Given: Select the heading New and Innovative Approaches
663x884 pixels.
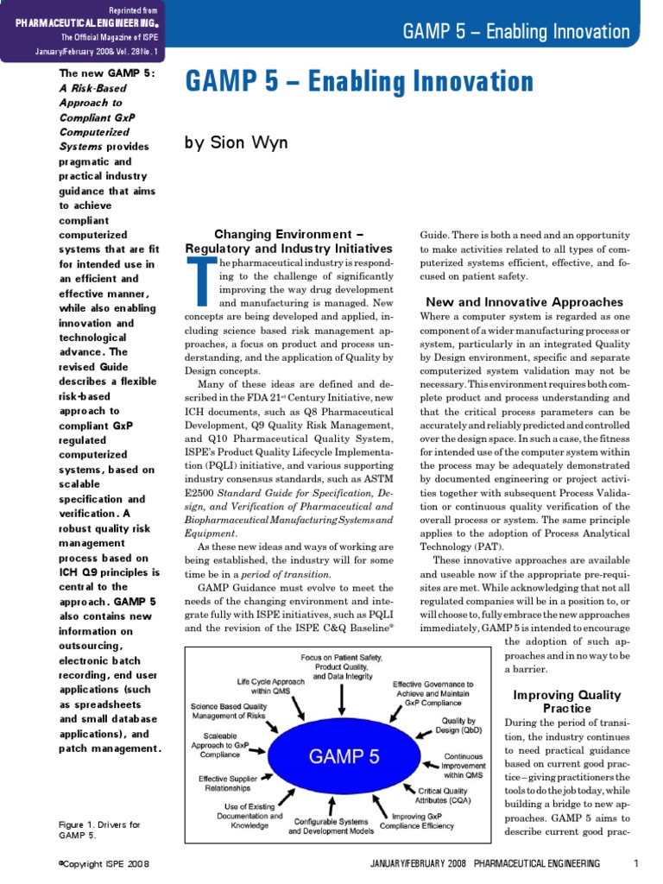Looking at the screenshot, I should coord(524,302).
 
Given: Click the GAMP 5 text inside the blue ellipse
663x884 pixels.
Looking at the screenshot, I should coord(344,757).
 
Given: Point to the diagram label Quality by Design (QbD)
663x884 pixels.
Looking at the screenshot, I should coord(458,725).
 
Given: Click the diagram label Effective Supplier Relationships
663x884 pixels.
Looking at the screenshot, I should coord(228,783).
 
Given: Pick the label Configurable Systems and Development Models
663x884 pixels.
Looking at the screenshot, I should coord(331,826).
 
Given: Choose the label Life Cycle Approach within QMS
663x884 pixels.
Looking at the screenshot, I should coord(271,686).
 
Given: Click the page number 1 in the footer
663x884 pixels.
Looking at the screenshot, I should coord(635,863).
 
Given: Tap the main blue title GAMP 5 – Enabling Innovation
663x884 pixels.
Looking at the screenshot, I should coord(359,82).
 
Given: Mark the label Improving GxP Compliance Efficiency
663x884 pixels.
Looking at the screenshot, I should coord(423,821).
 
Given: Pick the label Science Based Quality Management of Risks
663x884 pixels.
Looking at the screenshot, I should coord(229,710).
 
